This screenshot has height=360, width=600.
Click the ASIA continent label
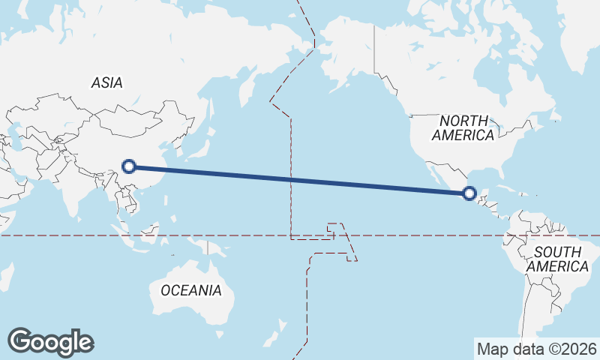coord(106,83)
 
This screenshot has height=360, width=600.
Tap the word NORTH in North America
coord(463,121)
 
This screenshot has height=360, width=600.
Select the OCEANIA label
coord(191,290)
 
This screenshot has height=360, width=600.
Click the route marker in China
coord(129,166)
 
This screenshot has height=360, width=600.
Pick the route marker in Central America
coord(469,193)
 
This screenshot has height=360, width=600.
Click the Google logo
coord(50,342)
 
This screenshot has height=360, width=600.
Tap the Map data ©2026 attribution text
coord(537,349)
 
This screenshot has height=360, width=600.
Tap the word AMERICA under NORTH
coord(463,136)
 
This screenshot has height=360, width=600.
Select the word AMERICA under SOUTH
coord(557,267)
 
